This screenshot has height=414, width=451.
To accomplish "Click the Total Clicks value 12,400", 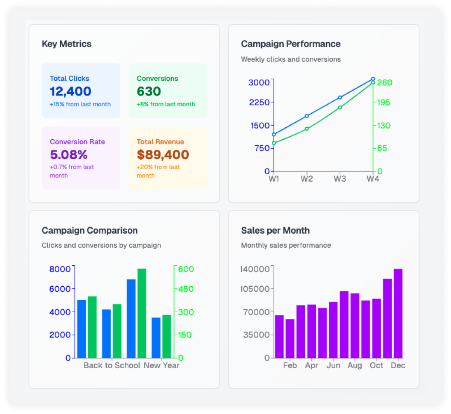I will (70, 91).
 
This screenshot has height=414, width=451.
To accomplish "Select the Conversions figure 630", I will (149, 91).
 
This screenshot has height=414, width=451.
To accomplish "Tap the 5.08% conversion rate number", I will (68, 154).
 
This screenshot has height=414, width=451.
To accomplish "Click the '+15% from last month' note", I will (80, 104).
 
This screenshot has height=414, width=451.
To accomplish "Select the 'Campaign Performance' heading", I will (290, 44).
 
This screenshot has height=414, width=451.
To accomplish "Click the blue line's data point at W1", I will (274, 134).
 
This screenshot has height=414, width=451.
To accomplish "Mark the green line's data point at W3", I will (340, 108).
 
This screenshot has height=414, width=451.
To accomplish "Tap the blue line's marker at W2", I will (307, 116).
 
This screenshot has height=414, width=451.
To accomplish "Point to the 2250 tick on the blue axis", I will (259, 102).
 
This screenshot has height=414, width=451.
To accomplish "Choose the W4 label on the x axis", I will (373, 179).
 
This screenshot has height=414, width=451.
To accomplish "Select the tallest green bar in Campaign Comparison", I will (142, 313).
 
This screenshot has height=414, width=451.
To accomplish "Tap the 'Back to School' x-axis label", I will (112, 365).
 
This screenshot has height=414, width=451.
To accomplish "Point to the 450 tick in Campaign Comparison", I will (186, 289).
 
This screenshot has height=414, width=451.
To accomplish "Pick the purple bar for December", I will (398, 313).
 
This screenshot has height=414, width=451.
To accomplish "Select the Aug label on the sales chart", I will (355, 365).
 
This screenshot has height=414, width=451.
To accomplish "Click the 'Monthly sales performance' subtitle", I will (286, 246).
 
